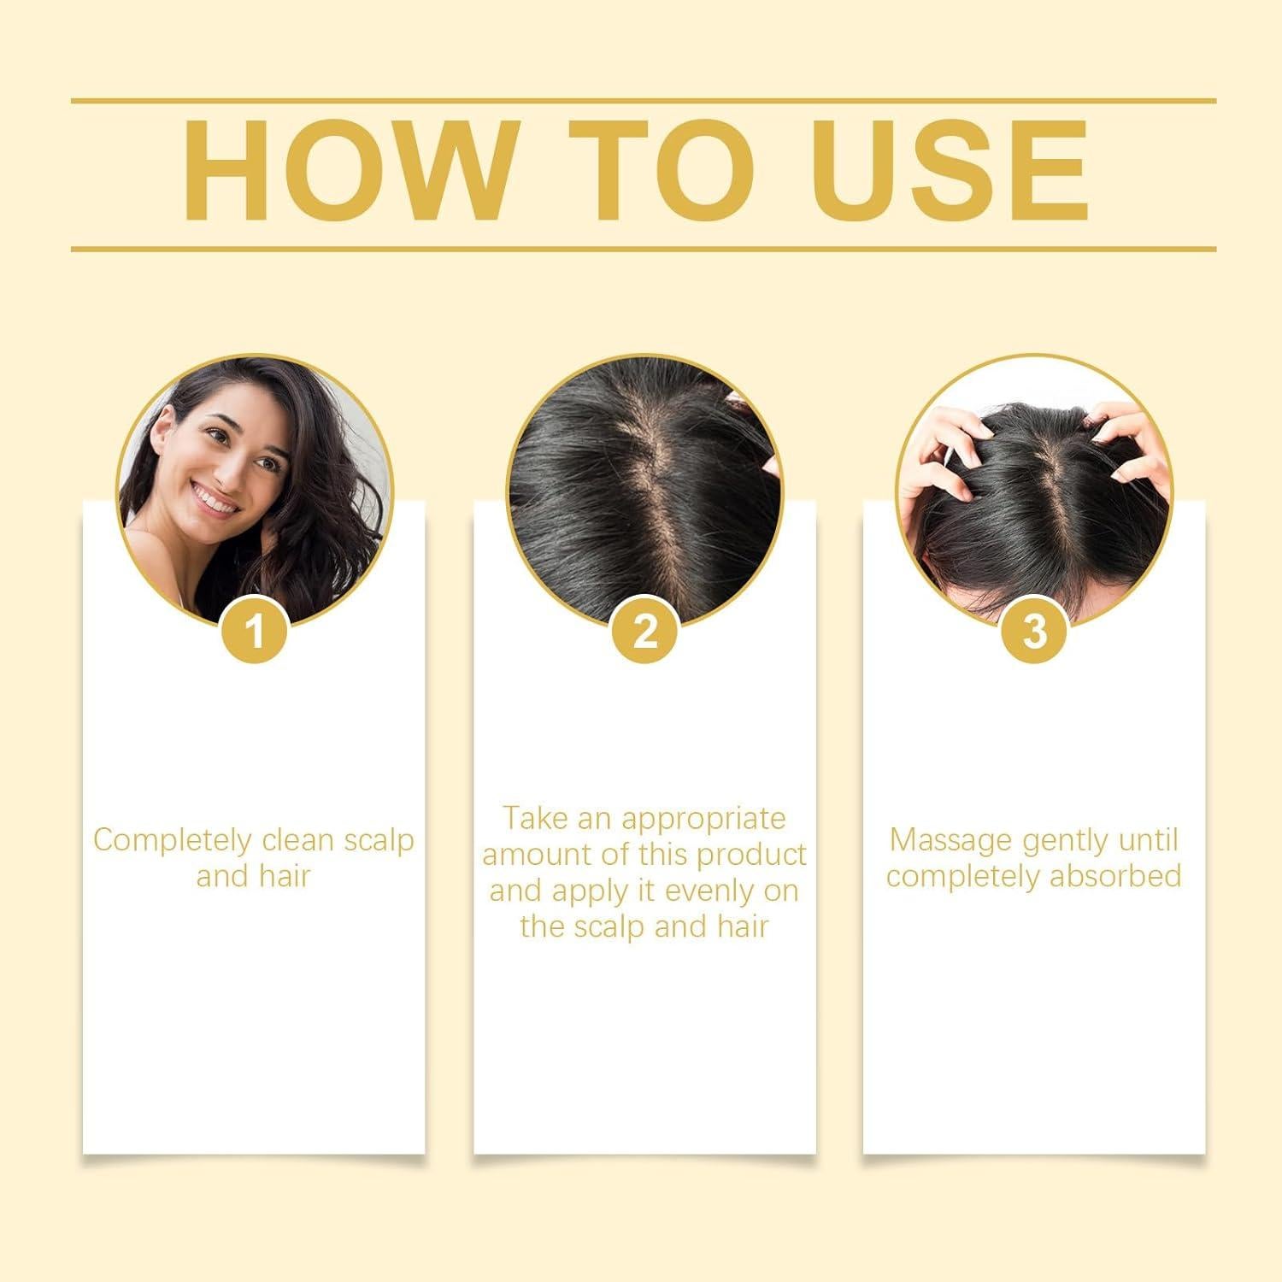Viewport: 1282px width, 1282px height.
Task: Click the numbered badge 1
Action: pos(254,633)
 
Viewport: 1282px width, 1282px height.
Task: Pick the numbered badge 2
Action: pos(645,633)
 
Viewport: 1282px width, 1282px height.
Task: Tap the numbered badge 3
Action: pos(1034,633)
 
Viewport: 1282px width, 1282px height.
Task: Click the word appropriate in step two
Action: pos(703,820)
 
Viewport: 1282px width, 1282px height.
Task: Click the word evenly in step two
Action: pos(709,891)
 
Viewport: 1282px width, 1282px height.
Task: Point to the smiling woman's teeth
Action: pos(215,498)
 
